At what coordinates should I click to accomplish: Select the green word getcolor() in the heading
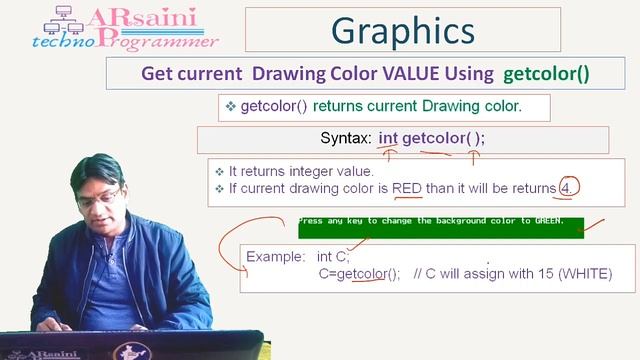[x=546, y=74]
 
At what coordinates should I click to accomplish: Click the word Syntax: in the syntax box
[x=346, y=138]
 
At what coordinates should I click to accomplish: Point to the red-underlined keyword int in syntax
[x=387, y=138]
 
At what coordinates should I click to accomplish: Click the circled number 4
[x=565, y=188]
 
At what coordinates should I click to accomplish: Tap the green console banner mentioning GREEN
[x=440, y=228]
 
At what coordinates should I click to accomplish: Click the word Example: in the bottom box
[x=277, y=256]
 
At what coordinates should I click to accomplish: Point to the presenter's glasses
[x=98, y=197]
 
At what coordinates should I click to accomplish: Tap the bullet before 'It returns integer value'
[x=219, y=171]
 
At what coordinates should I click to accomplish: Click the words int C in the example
[x=332, y=256]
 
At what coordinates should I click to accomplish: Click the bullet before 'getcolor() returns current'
[x=230, y=105]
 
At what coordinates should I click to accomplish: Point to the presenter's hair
[x=96, y=170]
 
